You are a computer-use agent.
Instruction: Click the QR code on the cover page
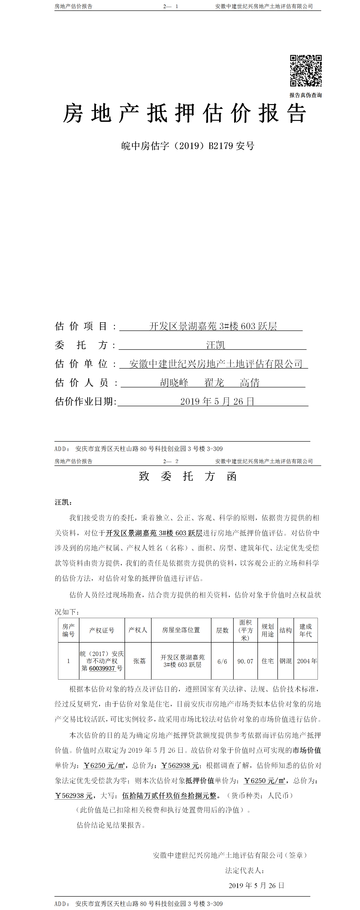(306, 71)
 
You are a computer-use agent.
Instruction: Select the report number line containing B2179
(188, 146)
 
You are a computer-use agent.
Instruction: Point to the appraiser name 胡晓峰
(174, 383)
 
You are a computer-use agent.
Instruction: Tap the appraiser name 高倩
(250, 383)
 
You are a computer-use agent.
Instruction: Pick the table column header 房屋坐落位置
(181, 630)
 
